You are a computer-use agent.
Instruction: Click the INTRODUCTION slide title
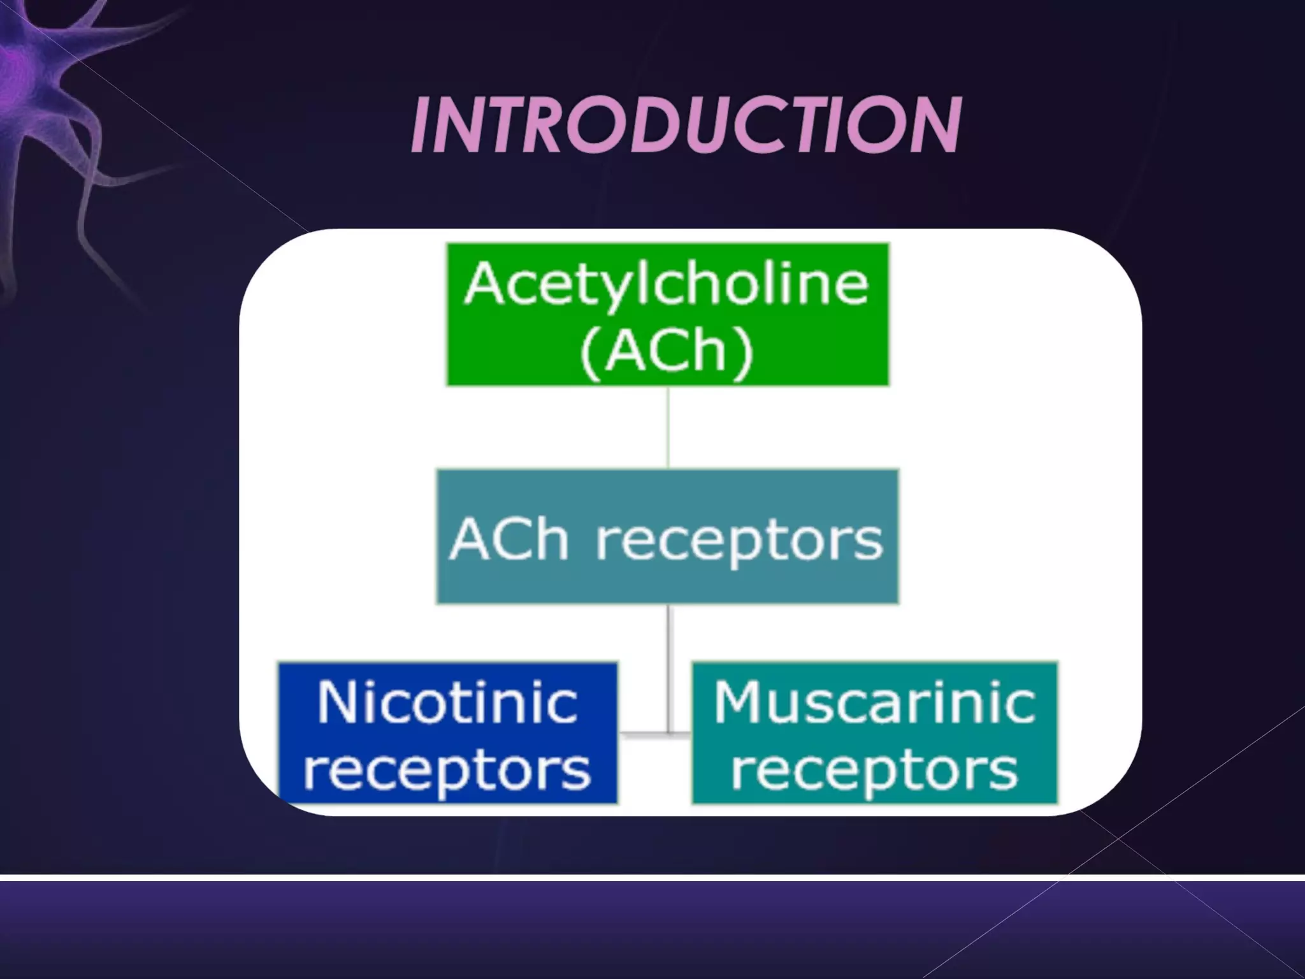(686, 126)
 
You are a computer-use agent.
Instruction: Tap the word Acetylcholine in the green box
(667, 284)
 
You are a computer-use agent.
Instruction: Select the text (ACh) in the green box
(667, 350)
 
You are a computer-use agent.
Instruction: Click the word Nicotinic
(447, 703)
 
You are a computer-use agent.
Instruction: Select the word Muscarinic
(874, 703)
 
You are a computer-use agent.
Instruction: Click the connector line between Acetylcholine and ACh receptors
(668, 427)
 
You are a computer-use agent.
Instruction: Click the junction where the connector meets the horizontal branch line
(668, 734)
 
